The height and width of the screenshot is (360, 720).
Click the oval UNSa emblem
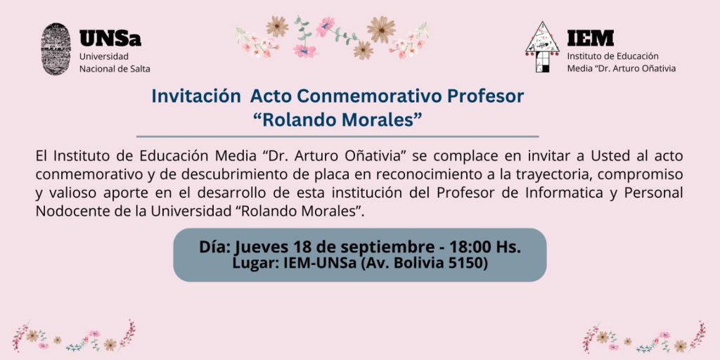pos(56,49)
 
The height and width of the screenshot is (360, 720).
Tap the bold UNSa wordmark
pos(110,39)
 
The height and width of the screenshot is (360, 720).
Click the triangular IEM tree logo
pos(542,46)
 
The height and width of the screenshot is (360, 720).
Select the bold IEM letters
pos(590,38)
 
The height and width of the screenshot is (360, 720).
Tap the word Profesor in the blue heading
pos(486,96)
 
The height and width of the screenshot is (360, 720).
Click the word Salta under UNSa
pos(140,69)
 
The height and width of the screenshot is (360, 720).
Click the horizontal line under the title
pos(337,136)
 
